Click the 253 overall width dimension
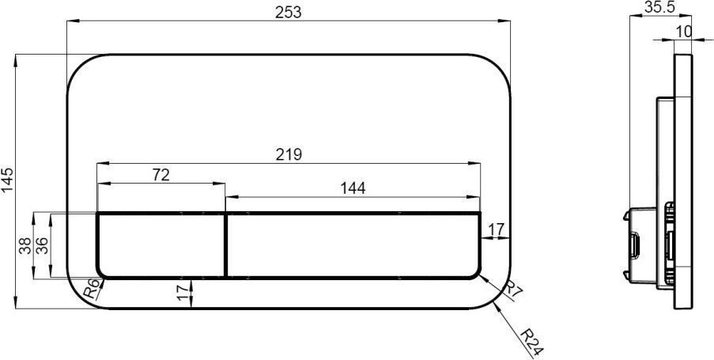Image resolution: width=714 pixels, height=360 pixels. tap(289, 12)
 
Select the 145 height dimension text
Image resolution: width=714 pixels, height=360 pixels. tap(8, 180)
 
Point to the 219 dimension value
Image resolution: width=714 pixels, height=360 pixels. tap(289, 154)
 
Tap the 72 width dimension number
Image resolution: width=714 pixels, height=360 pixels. tap(161, 175)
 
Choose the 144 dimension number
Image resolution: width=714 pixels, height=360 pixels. tap(353, 188)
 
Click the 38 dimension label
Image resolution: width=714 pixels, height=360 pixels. tap(25, 245)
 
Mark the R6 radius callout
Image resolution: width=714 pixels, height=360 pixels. tap(93, 289)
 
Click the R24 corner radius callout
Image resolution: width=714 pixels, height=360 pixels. tap(531, 342)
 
